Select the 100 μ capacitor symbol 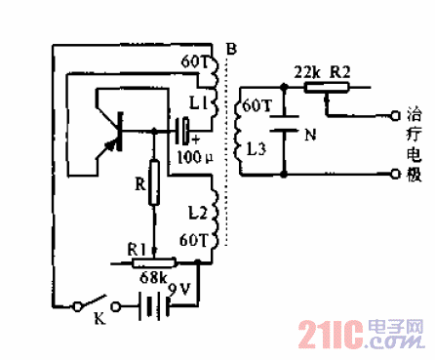point(183,131)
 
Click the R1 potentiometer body point(150,260)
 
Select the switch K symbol point(94,305)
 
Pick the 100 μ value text point(191,156)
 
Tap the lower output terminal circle point(392,175)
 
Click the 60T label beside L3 point(255,104)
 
